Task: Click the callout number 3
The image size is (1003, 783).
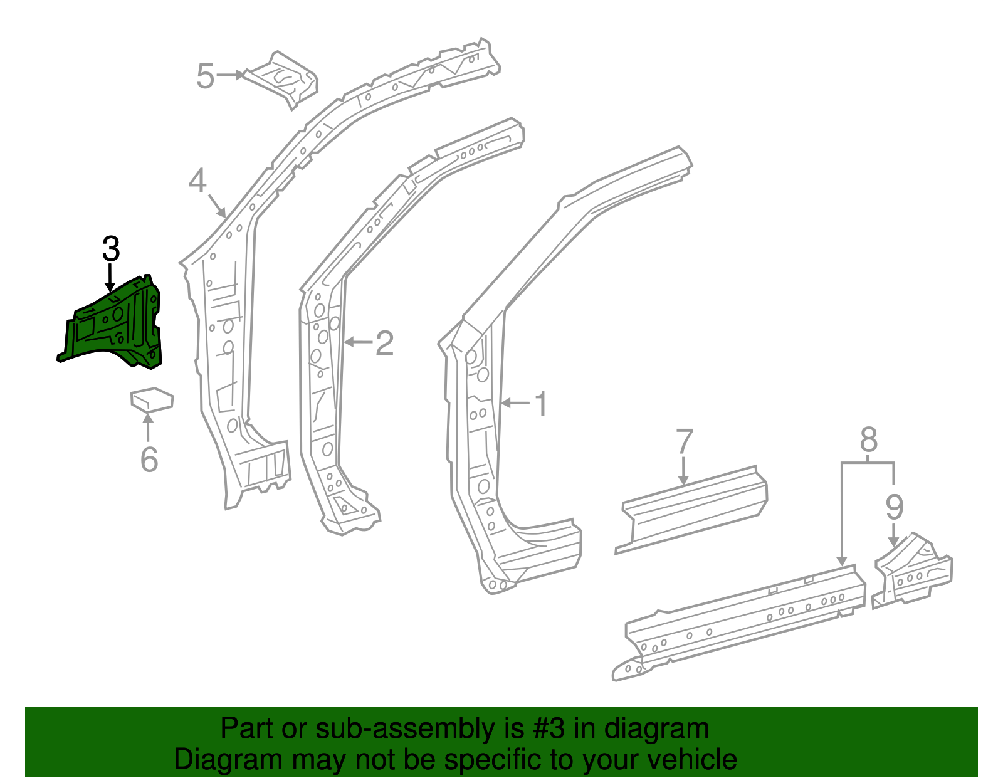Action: [110, 250]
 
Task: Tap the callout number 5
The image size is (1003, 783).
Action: [205, 76]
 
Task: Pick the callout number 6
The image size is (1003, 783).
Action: [149, 460]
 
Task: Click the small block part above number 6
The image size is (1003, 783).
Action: [152, 399]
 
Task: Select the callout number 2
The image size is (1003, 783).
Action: [384, 343]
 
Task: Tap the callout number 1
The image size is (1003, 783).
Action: [541, 404]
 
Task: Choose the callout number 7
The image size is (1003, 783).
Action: [685, 441]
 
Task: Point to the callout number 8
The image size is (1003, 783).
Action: [868, 440]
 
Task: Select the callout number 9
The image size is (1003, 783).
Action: [894, 507]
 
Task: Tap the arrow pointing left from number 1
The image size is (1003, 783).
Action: [516, 403]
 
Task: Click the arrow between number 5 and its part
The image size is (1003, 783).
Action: [230, 75]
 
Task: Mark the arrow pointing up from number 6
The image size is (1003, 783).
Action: [148, 426]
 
